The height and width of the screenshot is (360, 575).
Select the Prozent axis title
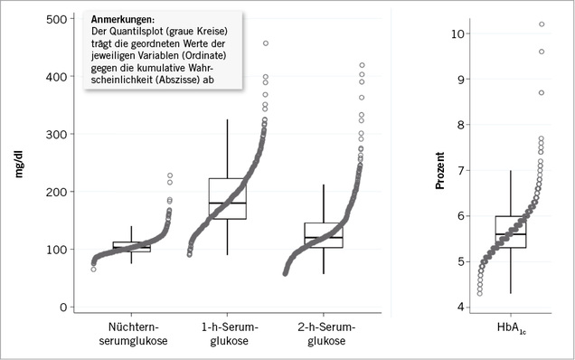[x=441, y=170]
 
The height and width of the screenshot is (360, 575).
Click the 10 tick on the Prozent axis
[x=458, y=33]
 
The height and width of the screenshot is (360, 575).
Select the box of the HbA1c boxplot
[x=512, y=232]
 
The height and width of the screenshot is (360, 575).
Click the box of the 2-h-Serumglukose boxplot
[x=324, y=235]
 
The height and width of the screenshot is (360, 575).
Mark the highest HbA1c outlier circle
[x=542, y=24]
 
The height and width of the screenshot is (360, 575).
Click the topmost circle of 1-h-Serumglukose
[x=266, y=43]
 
